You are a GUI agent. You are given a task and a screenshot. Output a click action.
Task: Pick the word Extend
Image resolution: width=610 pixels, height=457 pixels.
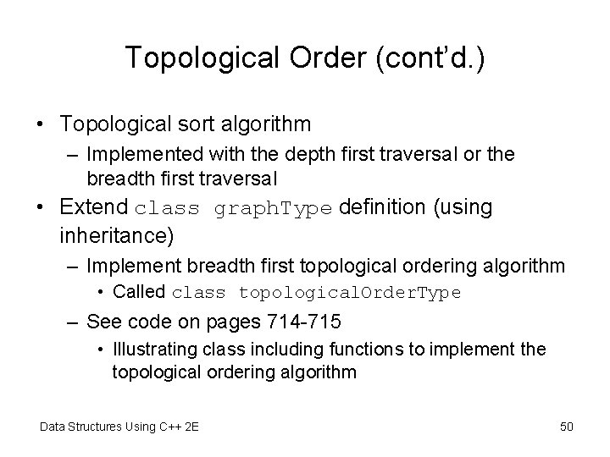93,207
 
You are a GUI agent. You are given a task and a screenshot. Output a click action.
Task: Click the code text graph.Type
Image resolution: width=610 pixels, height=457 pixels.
274,208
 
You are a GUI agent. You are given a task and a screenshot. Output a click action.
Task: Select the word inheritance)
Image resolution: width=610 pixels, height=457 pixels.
119,231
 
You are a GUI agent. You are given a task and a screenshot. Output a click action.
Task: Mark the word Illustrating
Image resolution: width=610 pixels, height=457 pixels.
148,348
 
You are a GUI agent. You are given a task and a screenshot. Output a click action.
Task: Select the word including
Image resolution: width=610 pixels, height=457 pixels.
276,348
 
